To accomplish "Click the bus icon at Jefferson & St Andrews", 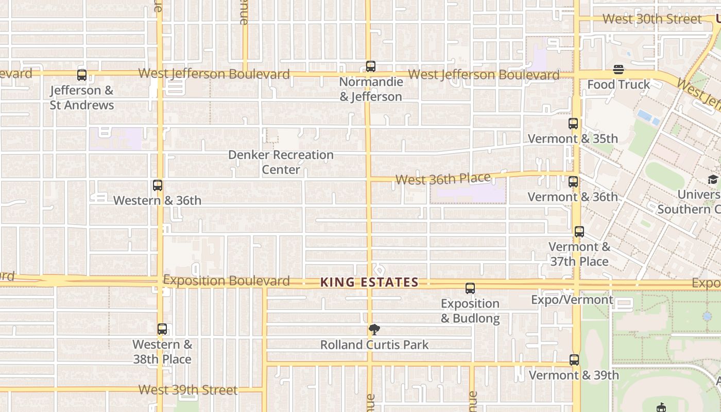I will click(x=82, y=75).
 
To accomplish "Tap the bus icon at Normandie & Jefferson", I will click(x=371, y=66).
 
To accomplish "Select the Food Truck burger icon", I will click(x=619, y=70).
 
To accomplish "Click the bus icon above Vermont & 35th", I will click(x=573, y=124).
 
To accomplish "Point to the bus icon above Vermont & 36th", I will click(x=573, y=182).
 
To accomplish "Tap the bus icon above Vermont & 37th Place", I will click(x=579, y=232).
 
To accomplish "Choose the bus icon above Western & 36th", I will click(x=158, y=185).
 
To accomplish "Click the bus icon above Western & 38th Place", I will click(x=162, y=329).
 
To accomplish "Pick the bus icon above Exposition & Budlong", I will click(x=470, y=288).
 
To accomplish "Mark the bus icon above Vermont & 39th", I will click(x=574, y=360).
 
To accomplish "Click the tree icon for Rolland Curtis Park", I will click(x=374, y=330).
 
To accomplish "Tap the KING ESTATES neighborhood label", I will click(x=369, y=282).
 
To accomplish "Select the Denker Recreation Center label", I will click(x=281, y=162).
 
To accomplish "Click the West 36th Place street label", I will click(x=443, y=179).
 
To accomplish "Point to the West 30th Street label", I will click(x=652, y=19).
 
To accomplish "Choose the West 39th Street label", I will click(x=188, y=390).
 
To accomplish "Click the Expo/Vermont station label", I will click(x=572, y=300).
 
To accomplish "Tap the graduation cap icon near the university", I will click(x=713, y=179).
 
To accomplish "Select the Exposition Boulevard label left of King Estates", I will click(x=226, y=281).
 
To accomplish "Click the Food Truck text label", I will click(x=619, y=84).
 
